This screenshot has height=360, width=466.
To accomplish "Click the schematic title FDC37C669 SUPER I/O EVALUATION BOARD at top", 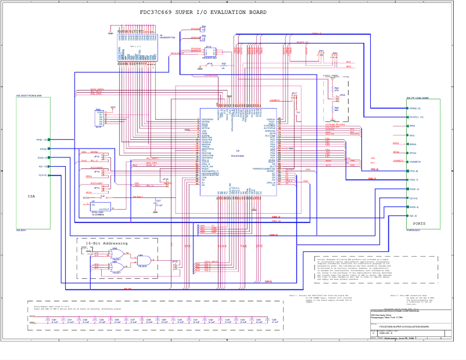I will click(x=203, y=12).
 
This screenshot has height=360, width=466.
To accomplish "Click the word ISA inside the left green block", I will click(x=31, y=196).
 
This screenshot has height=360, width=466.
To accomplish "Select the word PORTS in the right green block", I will click(x=418, y=223).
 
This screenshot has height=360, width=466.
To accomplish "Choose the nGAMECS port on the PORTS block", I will click(x=408, y=162).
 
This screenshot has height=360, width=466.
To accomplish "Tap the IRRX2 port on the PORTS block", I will click(x=408, y=144).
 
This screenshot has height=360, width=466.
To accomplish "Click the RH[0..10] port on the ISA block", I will click(x=49, y=140).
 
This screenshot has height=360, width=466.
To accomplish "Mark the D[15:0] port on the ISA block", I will click(x=49, y=175).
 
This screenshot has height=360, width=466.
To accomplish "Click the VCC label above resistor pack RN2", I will click(x=113, y=107).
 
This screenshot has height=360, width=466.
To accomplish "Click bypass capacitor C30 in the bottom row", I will click(x=54, y=321).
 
